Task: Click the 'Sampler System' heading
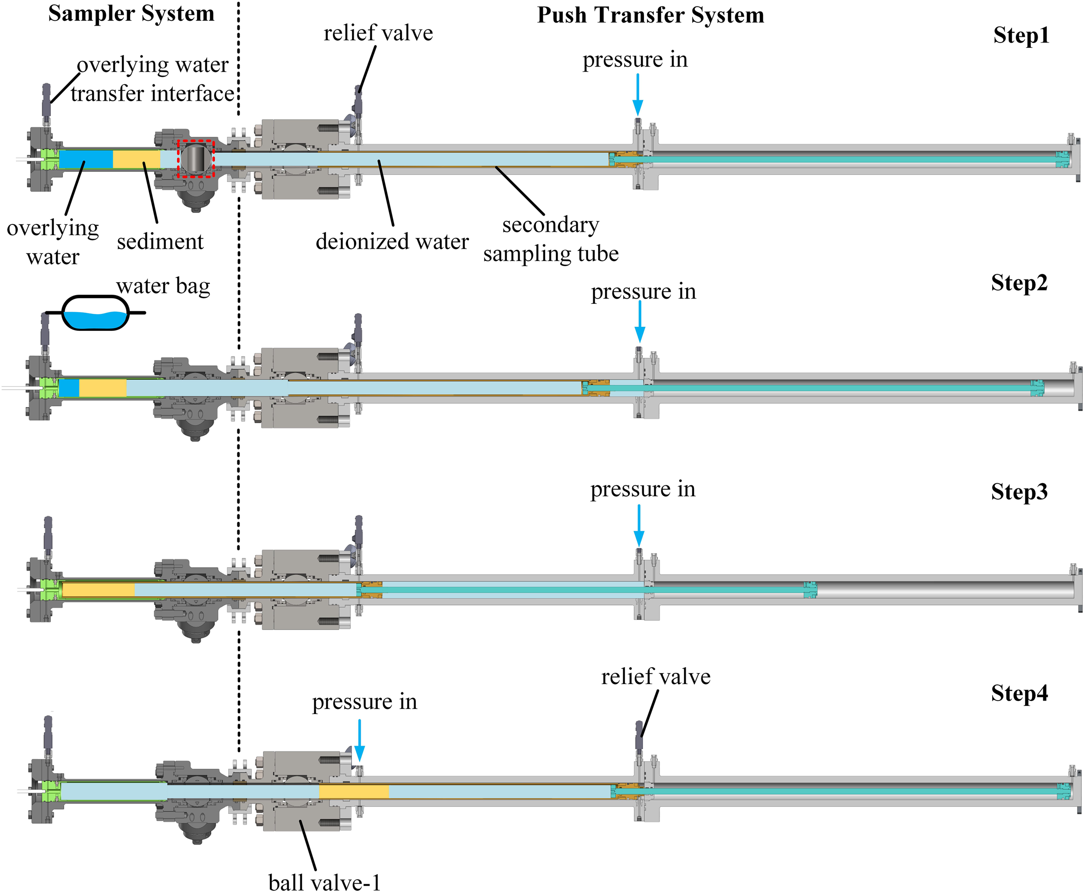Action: [x=131, y=14]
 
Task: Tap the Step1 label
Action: [x=1021, y=36]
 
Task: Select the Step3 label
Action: [x=1019, y=492]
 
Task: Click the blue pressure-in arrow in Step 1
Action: [x=638, y=95]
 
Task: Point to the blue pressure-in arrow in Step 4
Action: [x=360, y=740]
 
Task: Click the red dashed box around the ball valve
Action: [x=195, y=158]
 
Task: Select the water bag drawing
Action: [x=95, y=313]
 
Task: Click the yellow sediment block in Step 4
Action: [x=354, y=791]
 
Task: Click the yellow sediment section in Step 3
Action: [x=99, y=589]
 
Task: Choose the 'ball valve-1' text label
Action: [x=324, y=882]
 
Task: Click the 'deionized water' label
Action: [x=392, y=241]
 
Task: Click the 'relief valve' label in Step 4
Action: [x=655, y=677]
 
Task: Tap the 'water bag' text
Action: [x=163, y=286]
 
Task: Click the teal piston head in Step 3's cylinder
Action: [x=810, y=590]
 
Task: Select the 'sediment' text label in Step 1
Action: [x=160, y=241]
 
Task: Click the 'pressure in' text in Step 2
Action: [x=643, y=292]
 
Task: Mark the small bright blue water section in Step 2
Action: [x=69, y=388]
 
